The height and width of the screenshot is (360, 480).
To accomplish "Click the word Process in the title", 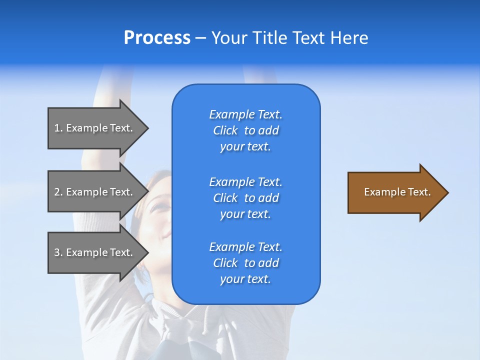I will pyautogui.click(x=157, y=38).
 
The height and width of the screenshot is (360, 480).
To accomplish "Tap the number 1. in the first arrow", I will pyautogui.click(x=58, y=128).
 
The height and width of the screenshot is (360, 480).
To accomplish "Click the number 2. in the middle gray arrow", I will pyautogui.click(x=58, y=192).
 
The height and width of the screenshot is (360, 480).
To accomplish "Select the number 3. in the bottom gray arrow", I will pyautogui.click(x=58, y=252).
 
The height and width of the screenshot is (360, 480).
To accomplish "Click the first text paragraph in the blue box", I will pyautogui.click(x=245, y=130).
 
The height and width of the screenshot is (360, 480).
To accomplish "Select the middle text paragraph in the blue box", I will pyautogui.click(x=245, y=198).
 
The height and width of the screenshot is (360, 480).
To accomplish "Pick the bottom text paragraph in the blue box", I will pyautogui.click(x=245, y=263).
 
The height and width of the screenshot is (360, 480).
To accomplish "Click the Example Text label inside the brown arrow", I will pyautogui.click(x=397, y=192).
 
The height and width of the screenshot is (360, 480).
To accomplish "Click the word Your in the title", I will pyautogui.click(x=230, y=38).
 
